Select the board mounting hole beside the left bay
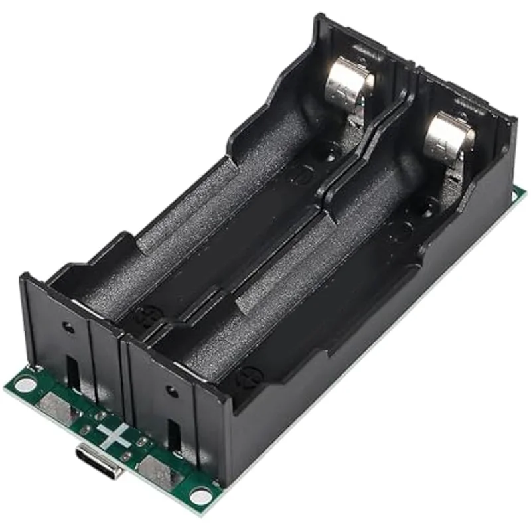tap(25, 384)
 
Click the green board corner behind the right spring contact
tap(520, 194)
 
